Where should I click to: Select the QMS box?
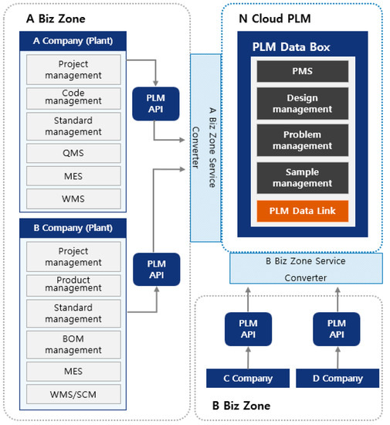coord(73,152)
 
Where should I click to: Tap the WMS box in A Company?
coord(73,199)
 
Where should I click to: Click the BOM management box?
coord(73,344)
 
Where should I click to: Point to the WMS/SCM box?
coord(73,395)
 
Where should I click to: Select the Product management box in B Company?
coord(73,284)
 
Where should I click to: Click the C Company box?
coord(248,379)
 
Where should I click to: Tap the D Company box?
coord(337,379)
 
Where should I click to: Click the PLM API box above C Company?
coord(248,329)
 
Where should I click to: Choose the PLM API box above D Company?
coord(337,329)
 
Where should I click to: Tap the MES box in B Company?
coord(73,372)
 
